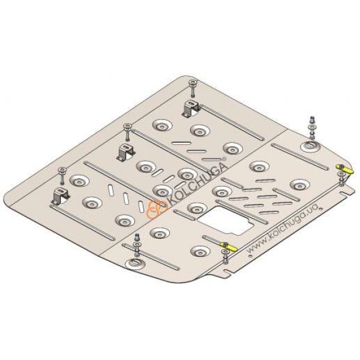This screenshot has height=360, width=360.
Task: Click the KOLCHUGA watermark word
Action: click(198, 182)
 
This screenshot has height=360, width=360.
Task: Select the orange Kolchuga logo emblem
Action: click(157, 209)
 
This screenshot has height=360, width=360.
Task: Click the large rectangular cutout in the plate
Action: click(226, 221)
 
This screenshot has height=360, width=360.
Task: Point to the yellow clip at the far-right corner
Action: click(345, 169)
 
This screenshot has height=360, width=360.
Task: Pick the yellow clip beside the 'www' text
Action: click(228, 246)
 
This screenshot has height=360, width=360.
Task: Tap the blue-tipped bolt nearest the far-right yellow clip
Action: click(312, 128)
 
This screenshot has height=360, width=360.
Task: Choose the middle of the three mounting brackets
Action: click(125, 152)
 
